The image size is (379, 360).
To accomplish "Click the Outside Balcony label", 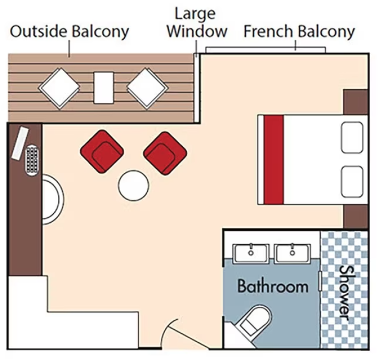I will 69,31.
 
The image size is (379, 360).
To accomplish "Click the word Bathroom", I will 273,286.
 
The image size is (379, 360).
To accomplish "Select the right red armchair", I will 165,153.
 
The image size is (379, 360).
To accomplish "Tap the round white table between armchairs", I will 134,186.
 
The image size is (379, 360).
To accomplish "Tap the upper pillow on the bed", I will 351,137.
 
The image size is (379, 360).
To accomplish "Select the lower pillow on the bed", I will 351,181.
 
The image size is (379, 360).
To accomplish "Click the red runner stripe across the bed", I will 274,159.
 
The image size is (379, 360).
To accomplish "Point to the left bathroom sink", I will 251,254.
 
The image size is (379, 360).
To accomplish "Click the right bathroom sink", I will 292,254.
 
